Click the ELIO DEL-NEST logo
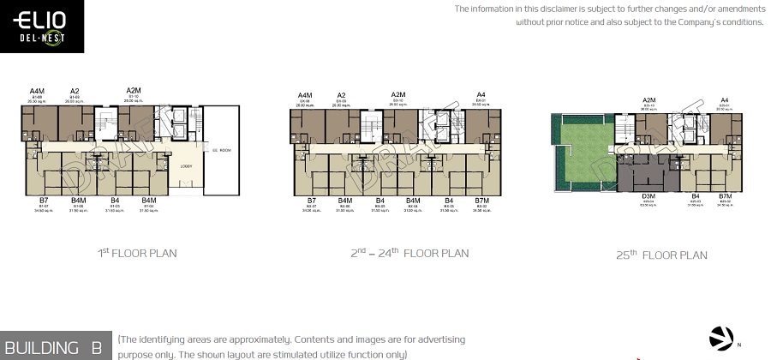point(42,27)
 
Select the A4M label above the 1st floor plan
point(37,91)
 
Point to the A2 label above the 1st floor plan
point(75,91)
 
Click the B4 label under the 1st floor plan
point(114,201)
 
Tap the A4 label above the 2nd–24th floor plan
point(481,95)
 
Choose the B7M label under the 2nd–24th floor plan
point(481,201)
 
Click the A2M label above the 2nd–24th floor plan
point(398,95)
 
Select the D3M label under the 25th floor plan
point(648,196)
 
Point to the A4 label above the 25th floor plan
point(725,100)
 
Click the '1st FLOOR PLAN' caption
point(137,253)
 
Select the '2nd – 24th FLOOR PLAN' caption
point(409,253)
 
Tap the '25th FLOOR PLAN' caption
point(661,255)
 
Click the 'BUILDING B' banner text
point(53,347)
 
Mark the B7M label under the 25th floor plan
point(725,196)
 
